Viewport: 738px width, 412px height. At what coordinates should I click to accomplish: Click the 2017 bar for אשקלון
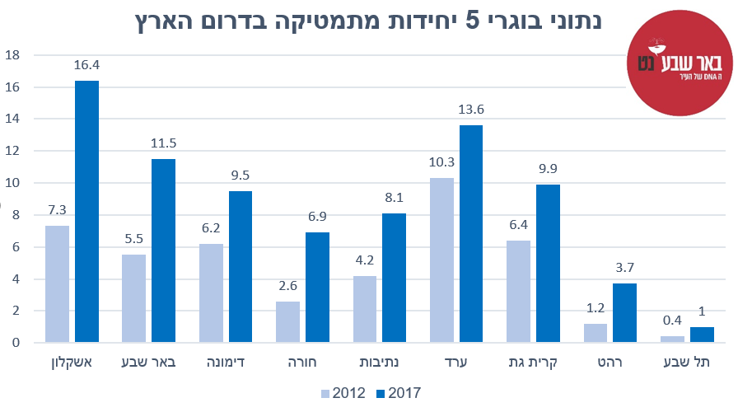coord(86,211)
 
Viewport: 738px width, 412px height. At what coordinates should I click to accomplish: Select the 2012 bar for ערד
coord(441,260)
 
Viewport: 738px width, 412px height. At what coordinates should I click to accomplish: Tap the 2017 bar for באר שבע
coord(163,250)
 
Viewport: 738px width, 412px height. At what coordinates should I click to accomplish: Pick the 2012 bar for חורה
coord(287,321)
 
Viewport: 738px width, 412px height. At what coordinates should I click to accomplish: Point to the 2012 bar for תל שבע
coord(672,339)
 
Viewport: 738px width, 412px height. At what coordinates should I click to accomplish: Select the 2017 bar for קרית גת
coord(549,263)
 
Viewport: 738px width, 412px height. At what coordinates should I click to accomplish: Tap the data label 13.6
coord(471,110)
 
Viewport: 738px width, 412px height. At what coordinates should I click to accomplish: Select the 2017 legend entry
coord(395,393)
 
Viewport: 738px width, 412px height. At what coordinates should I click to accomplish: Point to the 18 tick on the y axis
coord(12,55)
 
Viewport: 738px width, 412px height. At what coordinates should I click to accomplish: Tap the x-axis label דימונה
coord(225,362)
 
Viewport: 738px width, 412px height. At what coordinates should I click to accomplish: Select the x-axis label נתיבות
coord(379,362)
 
